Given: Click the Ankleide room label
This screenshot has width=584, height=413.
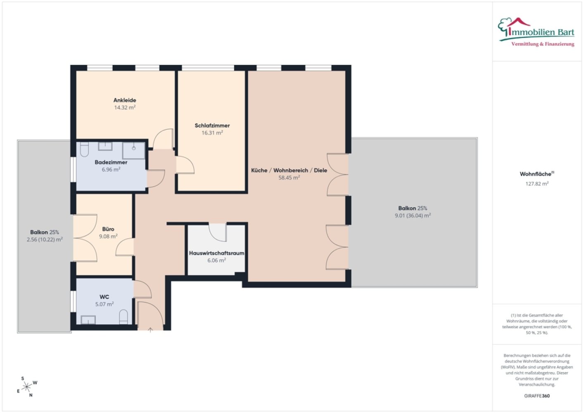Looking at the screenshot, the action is point(125,100).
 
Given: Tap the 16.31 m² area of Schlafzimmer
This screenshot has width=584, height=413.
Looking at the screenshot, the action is point(212,133).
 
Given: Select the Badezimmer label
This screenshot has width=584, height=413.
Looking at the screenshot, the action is point(111,162).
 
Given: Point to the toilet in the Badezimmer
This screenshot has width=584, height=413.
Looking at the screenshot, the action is point(84,149).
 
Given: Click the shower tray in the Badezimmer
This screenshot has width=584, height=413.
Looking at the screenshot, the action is point(133,150).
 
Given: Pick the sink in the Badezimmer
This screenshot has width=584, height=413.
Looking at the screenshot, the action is point(105,146).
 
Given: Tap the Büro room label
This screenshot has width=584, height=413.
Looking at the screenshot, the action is point(108,229).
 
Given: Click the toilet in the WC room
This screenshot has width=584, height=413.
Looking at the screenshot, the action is point(123,317).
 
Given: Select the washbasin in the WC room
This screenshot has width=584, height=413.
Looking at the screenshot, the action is point(88,320).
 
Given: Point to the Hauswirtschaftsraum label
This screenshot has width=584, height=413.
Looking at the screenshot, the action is point(216,253).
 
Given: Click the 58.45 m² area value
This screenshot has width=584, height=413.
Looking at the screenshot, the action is point(289,178).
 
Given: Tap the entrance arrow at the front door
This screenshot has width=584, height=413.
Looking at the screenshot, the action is point(150,330).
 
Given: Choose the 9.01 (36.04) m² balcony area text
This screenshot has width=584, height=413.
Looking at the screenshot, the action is point(413,215).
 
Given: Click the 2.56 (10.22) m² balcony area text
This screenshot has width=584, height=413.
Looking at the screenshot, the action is point(45,240).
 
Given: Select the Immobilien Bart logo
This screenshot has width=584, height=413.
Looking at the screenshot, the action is point(536,32).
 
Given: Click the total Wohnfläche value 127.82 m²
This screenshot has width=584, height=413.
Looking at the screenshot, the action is point(537,183).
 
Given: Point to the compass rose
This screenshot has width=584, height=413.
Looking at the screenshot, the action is point(26,387).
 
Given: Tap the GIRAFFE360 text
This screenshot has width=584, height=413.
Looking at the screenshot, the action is point(537,396).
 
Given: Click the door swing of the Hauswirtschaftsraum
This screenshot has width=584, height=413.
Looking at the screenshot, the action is point(217,232).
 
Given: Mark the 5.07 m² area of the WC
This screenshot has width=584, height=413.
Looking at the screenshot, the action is point(104,304).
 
